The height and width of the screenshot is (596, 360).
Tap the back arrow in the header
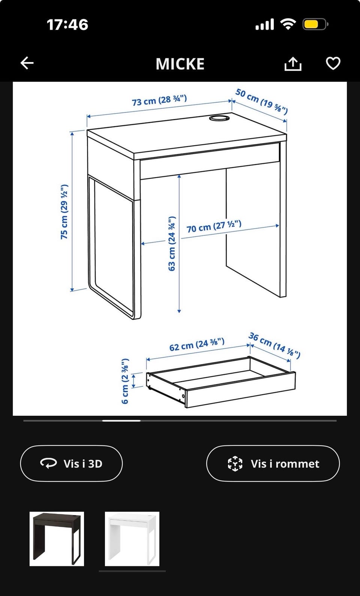pyautogui.click(x=27, y=63)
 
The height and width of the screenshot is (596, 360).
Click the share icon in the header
pyautogui.click(x=293, y=64)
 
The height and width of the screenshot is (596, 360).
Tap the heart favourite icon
pyautogui.click(x=333, y=63)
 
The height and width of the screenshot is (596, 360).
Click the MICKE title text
pyautogui.click(x=180, y=64)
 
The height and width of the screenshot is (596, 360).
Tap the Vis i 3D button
pyautogui.click(x=71, y=463)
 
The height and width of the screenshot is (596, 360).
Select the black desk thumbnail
pyautogui.click(x=57, y=539)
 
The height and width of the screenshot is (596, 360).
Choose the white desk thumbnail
pyautogui.click(x=132, y=539)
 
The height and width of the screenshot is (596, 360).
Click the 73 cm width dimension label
pyautogui.click(x=159, y=100)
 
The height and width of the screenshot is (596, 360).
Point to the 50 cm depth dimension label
pyautogui.click(x=262, y=101)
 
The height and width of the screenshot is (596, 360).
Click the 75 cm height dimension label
pyautogui.click(x=64, y=212)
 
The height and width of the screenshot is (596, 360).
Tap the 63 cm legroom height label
pyautogui.click(x=172, y=244)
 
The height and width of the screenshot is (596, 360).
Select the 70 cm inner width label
pyautogui.click(x=214, y=226)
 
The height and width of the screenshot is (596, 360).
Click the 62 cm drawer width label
pyautogui.click(x=197, y=344)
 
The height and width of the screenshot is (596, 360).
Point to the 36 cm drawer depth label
pyautogui.click(x=274, y=345)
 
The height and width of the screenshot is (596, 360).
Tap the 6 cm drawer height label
pyautogui.click(x=125, y=381)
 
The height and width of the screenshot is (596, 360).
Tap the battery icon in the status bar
pyautogui.click(x=315, y=24)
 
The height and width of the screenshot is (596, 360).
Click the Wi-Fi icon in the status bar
pyautogui.click(x=288, y=24)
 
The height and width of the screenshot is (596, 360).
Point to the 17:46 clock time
pyautogui.click(x=67, y=24)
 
